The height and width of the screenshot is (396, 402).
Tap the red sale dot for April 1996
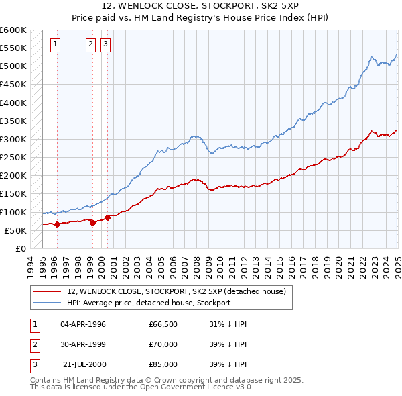(57, 224)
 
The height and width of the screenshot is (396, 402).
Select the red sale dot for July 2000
(107, 217)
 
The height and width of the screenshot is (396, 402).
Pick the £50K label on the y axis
(15, 230)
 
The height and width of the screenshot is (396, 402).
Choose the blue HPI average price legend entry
(148, 303)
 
